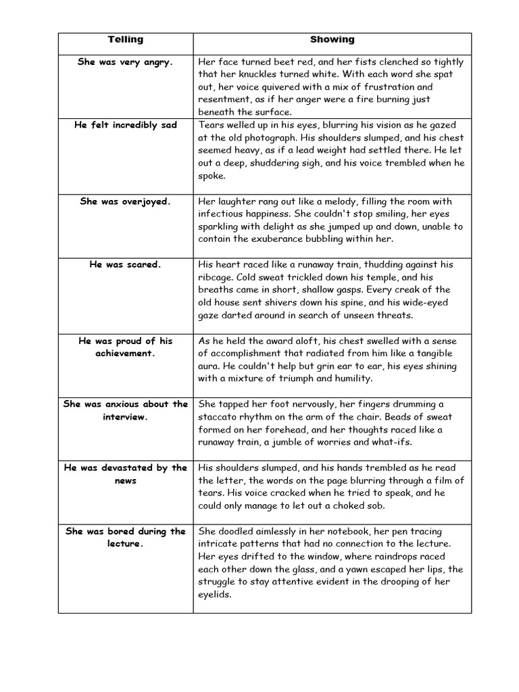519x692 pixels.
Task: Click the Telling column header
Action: pyautogui.click(x=126, y=40)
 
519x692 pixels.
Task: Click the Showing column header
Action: pyautogui.click(x=332, y=40)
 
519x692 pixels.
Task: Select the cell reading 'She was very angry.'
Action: pyautogui.click(x=126, y=61)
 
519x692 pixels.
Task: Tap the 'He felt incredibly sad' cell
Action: pyautogui.click(x=126, y=125)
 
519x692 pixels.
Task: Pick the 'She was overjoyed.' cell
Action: pyautogui.click(x=126, y=201)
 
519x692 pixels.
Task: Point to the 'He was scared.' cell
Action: pyautogui.click(x=126, y=264)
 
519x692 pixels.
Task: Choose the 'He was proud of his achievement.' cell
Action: pyautogui.click(x=126, y=347)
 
